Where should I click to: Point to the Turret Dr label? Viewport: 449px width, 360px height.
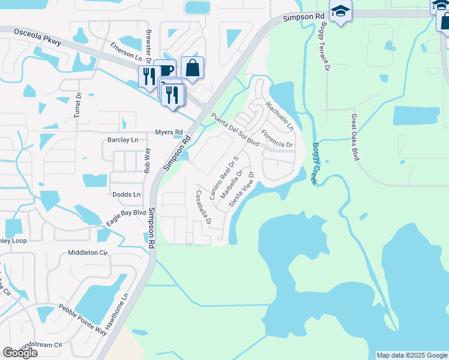click(77, 106)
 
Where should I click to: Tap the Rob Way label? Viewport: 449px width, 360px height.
click(146, 161)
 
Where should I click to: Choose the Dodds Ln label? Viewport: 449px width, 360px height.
click(127, 194)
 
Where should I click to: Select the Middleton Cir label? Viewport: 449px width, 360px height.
click(88, 253)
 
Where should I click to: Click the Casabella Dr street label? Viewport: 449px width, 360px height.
click(203, 207)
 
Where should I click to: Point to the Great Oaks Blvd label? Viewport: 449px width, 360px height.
click(355, 137)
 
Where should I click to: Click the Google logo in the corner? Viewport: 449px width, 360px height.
click(20, 353)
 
